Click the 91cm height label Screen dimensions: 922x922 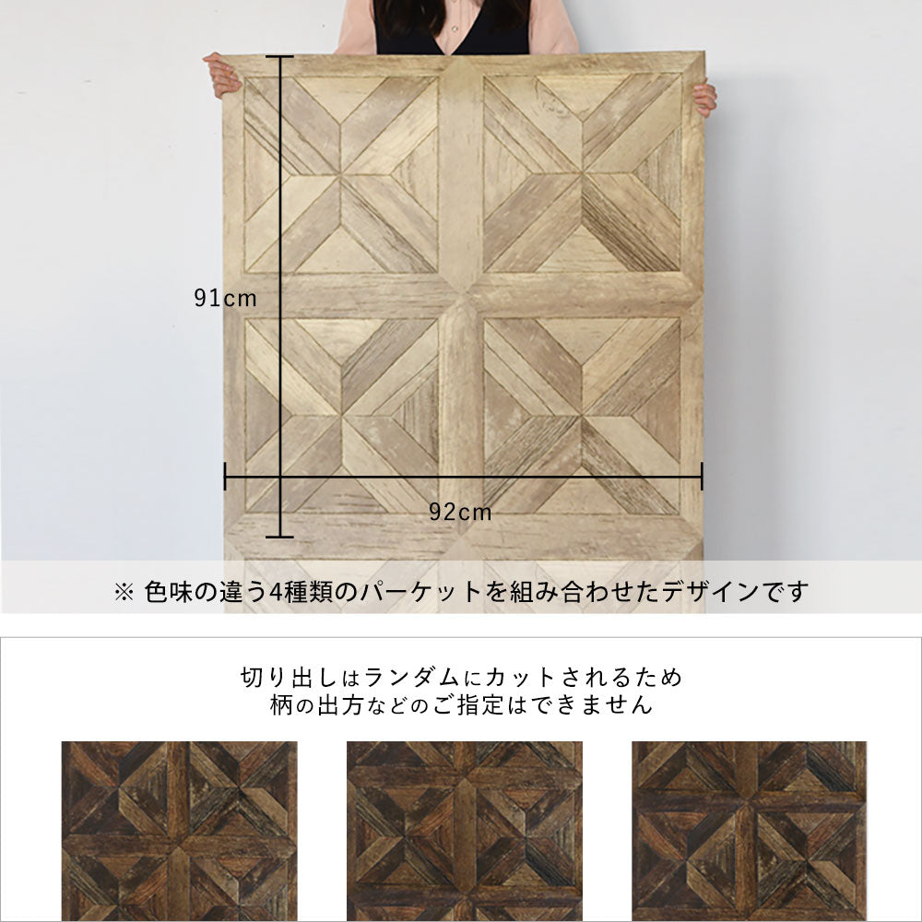[x=225, y=298]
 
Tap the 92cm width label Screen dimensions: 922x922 [x=460, y=512]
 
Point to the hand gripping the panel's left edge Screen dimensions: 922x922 [x=221, y=74]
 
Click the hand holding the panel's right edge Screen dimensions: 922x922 [x=705, y=100]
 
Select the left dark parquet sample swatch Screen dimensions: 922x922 [x=180, y=831]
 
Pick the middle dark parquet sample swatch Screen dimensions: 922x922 [x=464, y=831]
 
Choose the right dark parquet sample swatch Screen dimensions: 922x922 [x=749, y=831]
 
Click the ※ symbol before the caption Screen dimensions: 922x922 [x=124, y=592]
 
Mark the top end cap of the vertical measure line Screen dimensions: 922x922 [x=279, y=56]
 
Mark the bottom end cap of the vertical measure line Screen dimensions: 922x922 [x=279, y=537]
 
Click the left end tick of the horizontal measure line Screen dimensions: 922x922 [x=225, y=477]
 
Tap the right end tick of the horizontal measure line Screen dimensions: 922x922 [x=702, y=477]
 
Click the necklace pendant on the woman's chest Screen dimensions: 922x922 [x=455, y=29]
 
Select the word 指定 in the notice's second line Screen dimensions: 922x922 [x=481, y=704]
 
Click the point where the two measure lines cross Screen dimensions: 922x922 [x=279, y=477]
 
